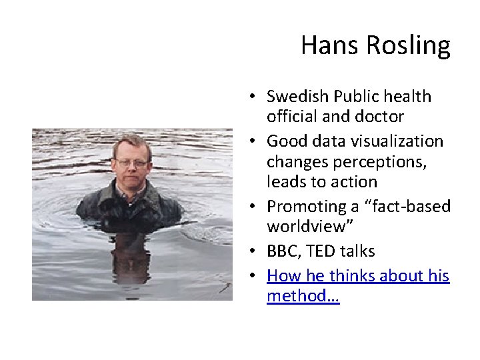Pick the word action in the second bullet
(x=355, y=182)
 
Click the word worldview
(x=305, y=227)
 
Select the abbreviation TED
(x=318, y=251)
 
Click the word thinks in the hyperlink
(x=348, y=276)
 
